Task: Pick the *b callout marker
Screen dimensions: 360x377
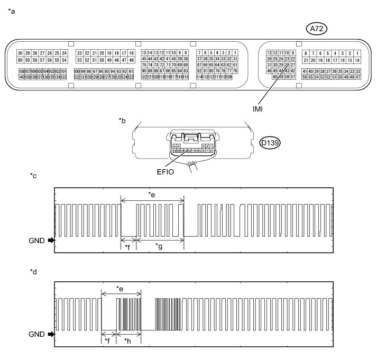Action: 122,121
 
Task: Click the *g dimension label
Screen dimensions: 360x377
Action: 159,246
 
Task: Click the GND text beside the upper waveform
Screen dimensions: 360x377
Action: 37,240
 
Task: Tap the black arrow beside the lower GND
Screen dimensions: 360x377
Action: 51,335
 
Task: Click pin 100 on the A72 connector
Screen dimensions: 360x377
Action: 77,71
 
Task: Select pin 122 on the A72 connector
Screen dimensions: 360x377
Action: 144,77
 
